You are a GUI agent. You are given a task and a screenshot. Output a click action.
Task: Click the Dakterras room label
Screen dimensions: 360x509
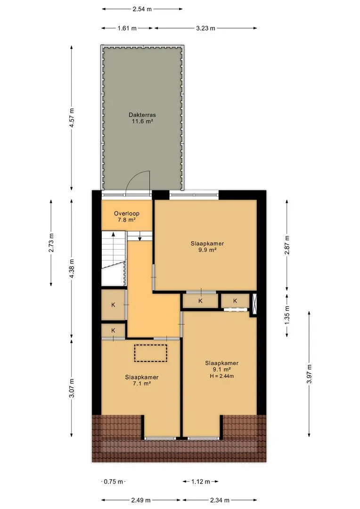(142, 115)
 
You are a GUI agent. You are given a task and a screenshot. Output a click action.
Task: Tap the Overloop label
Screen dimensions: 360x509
(127, 213)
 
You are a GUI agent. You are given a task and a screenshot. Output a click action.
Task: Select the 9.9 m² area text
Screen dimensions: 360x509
(207, 250)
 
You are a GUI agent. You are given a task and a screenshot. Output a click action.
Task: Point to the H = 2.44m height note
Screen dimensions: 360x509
(222, 376)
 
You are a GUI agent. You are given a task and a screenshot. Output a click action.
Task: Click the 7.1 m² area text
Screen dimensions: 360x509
(142, 383)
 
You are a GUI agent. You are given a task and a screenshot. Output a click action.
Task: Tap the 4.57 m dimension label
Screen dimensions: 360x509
(72, 118)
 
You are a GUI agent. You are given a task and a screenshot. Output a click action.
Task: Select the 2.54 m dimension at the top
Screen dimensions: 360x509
(142, 9)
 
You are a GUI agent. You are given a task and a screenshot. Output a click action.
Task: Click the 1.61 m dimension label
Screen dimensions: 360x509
(127, 28)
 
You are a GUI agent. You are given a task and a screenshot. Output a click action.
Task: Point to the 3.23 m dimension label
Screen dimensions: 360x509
(205, 28)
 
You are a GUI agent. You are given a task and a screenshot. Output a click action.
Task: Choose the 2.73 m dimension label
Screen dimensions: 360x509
(51, 243)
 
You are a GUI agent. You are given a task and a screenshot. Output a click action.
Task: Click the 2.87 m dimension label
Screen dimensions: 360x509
(287, 245)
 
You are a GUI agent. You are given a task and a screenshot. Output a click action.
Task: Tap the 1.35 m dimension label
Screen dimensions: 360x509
(287, 315)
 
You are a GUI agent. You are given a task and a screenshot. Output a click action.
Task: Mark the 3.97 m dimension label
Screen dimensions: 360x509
(309, 374)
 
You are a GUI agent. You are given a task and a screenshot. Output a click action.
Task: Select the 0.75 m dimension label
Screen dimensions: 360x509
(113, 481)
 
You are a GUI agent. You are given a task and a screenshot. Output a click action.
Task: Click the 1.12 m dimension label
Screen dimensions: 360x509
(201, 481)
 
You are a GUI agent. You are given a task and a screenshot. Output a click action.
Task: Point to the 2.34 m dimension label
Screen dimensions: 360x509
(220, 500)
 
